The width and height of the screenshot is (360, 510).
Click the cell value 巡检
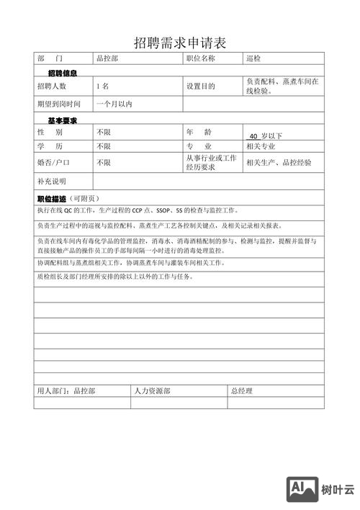click(253, 58)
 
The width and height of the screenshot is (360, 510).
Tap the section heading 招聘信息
click(63, 73)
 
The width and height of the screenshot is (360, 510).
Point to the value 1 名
click(102, 86)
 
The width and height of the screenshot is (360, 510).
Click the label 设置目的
click(201, 86)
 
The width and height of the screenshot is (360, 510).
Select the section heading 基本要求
click(63, 120)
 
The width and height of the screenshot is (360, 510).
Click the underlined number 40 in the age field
click(253, 135)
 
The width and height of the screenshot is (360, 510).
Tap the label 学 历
click(50, 147)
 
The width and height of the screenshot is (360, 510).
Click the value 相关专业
click(261, 147)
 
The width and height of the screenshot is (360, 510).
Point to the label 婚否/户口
click(53, 163)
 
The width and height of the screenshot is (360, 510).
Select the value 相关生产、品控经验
click(279, 163)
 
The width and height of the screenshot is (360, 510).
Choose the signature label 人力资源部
click(152, 391)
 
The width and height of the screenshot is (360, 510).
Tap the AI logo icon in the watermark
click(303, 489)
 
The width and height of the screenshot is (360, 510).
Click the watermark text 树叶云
click(338, 490)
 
